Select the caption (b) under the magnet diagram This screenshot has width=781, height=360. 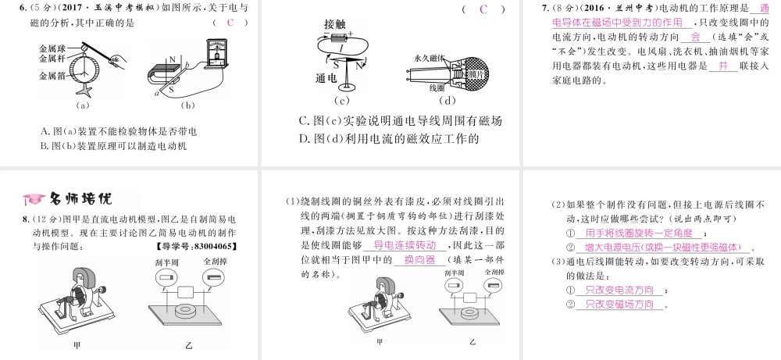pos(187,105)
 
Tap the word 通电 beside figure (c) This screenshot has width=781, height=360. pos(326,79)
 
